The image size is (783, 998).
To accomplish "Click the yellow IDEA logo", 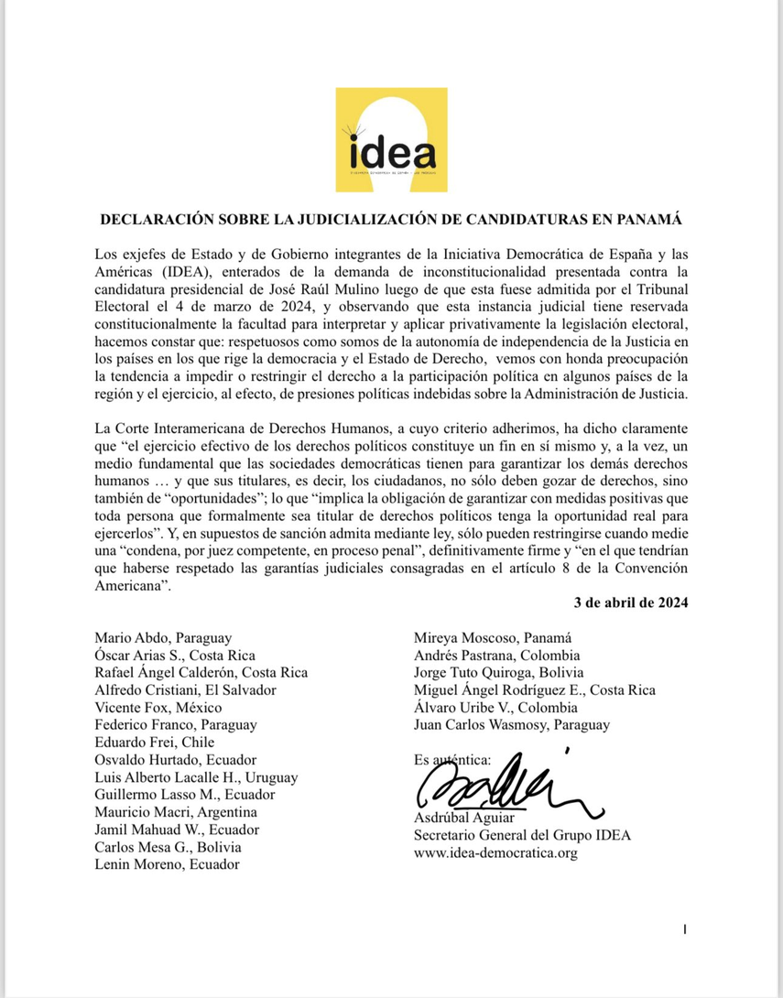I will [391, 139].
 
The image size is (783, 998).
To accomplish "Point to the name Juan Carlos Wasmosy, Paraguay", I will [512, 725].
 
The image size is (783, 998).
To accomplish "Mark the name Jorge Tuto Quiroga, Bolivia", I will [499, 673].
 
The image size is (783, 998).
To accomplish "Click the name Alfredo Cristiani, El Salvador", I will [185, 690].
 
